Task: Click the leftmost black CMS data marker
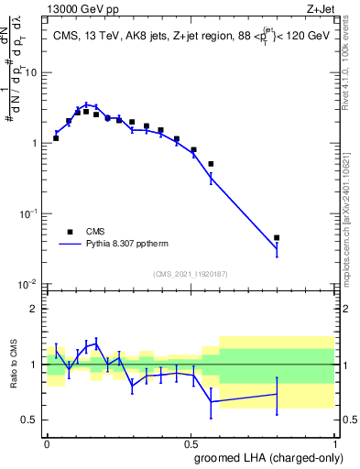click(56, 138)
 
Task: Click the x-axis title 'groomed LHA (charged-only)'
click(269, 457)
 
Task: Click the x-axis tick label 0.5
click(191, 442)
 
